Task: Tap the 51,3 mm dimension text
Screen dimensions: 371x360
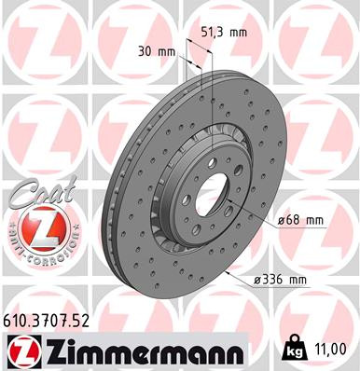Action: pyautogui.click(x=224, y=31)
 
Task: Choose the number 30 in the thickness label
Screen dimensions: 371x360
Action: pyautogui.click(x=145, y=52)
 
